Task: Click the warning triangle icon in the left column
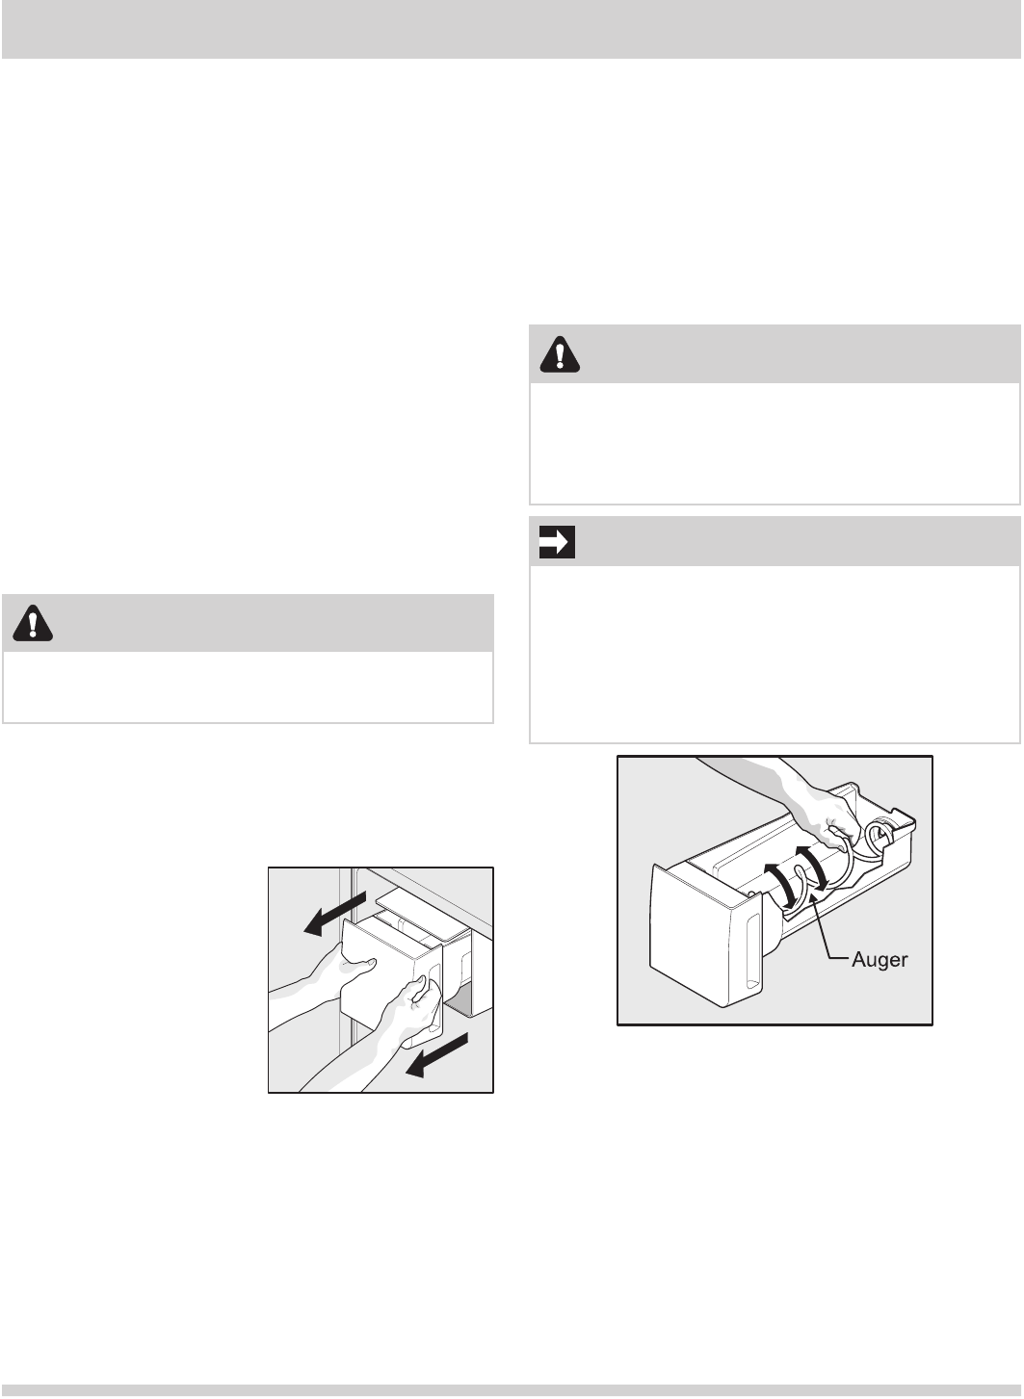pos(33,623)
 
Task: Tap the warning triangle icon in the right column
pos(560,354)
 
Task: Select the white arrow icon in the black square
pos(557,542)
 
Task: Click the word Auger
pos(880,959)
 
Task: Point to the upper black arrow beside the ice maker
pos(334,913)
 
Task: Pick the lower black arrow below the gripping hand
pos(436,1054)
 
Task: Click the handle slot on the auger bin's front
pos(753,952)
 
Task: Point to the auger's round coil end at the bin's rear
pos(880,835)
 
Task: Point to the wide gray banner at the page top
pos(512,29)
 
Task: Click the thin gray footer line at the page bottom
pos(512,1390)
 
